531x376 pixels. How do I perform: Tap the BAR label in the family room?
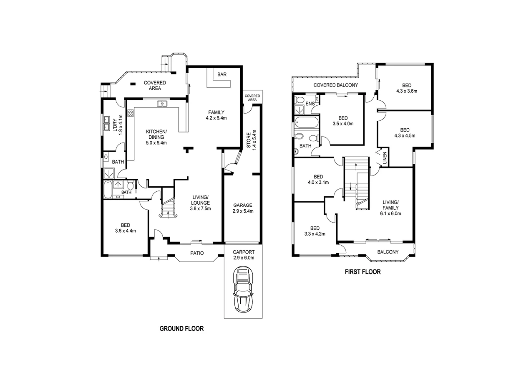click(x=221, y=74)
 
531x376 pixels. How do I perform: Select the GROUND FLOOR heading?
click(x=181, y=328)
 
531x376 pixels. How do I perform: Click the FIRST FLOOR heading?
click(x=362, y=272)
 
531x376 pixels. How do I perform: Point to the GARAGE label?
click(x=242, y=205)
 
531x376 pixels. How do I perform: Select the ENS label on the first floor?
click(x=310, y=103)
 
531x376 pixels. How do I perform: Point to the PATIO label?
click(x=197, y=253)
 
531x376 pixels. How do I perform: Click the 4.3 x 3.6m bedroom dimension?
click(x=407, y=91)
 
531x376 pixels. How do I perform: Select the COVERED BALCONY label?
click(x=335, y=85)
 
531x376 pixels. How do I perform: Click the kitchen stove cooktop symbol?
click(x=131, y=112)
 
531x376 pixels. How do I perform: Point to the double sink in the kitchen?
click(x=162, y=104)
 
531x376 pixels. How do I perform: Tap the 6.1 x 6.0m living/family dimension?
click(x=390, y=213)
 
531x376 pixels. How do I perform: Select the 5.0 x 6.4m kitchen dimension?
click(x=155, y=142)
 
